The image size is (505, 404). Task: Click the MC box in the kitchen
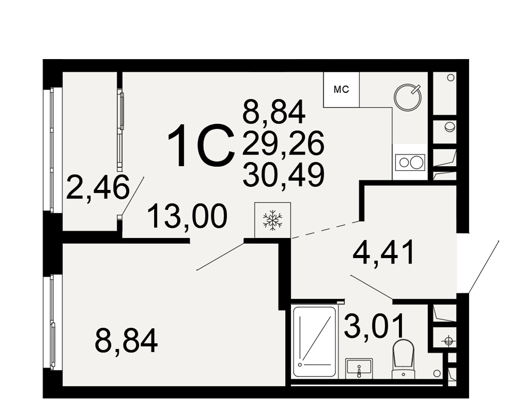point(341,89)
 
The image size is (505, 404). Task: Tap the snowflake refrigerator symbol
point(273,220)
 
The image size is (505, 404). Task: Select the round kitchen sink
point(408,97)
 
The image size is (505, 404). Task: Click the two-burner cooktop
point(410,162)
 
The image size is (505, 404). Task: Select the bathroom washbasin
point(359,369)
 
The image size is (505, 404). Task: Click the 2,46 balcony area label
point(97,187)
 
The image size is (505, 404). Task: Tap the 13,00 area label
point(188,216)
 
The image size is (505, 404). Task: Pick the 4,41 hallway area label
point(383,252)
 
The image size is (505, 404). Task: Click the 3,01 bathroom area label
point(374,326)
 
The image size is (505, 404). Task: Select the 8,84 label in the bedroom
point(126,340)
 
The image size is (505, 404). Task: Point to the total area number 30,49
point(283,175)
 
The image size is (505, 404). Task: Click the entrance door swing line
point(484,267)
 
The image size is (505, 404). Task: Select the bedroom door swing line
point(221,256)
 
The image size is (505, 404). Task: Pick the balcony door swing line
point(132,196)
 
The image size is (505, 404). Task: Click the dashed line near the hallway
point(326,230)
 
